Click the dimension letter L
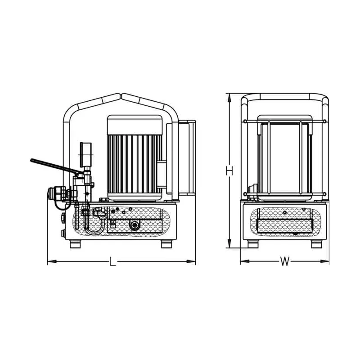coord(112,261)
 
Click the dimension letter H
coord(229,171)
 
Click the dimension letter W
coord(285,261)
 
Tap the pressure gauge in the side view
coord(85,155)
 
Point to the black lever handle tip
coord(31,160)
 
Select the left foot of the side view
coord(75,244)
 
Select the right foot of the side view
coord(166,244)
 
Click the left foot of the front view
coord(253,244)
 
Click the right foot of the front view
coord(317,244)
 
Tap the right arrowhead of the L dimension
coord(191,261)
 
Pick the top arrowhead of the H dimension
coord(229,98)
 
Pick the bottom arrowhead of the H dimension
coord(229,243)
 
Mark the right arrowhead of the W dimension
coord(324,261)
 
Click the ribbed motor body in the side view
coord(135,164)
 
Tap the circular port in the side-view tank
coord(134,225)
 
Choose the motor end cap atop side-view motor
coord(135,125)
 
